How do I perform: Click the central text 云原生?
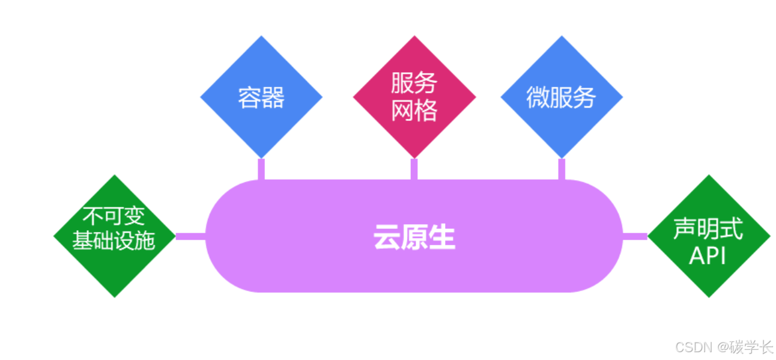[x=414, y=237]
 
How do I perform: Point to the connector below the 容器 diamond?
[x=261, y=169]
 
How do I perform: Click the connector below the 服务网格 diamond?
[x=414, y=169]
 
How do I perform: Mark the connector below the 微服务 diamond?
[x=562, y=169]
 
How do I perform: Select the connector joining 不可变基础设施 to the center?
[x=190, y=236]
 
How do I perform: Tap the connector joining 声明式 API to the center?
[x=635, y=236]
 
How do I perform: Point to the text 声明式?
[x=708, y=228]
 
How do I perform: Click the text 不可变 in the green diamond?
[x=114, y=217]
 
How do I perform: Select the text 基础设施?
[x=114, y=240]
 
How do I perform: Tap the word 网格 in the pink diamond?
[x=414, y=110]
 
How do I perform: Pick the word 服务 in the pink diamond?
[x=414, y=83]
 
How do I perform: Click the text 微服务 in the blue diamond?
[x=561, y=97]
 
